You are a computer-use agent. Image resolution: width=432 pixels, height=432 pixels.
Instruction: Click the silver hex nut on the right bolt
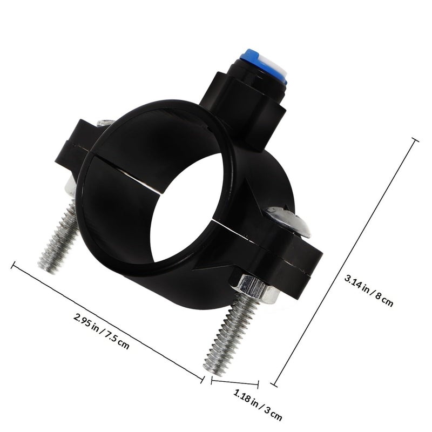254,288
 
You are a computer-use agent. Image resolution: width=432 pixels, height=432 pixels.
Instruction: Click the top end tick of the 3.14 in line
415,140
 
